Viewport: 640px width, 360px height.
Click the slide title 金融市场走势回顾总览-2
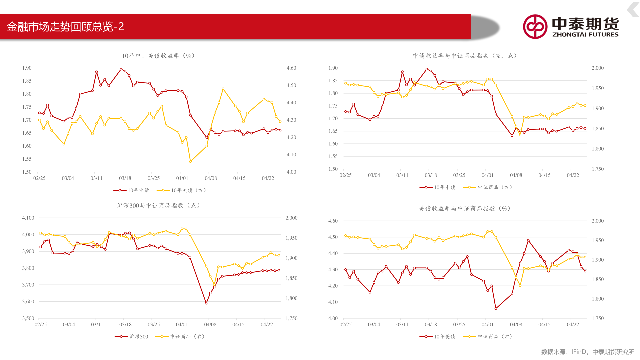coord(65,27)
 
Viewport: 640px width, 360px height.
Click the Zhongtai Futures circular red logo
coord(535,27)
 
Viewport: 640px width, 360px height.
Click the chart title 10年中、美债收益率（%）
coord(158,56)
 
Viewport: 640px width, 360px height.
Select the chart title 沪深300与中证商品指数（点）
coord(159,206)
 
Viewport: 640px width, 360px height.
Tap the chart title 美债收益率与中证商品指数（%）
coord(465,209)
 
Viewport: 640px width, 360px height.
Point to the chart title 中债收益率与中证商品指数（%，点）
coord(465,56)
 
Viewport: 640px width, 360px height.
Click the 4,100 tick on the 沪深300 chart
coord(28,218)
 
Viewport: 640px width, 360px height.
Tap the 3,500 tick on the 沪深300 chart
coord(28,318)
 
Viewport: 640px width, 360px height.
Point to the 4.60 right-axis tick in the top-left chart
coord(291,68)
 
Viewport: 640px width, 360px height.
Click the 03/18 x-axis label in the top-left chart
coord(125,178)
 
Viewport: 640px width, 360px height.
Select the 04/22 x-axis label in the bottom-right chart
coord(573,325)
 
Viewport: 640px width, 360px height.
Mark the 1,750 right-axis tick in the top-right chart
coord(598,169)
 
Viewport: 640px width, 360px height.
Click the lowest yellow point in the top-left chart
coord(190,161)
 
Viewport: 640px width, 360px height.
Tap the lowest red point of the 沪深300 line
coord(206,303)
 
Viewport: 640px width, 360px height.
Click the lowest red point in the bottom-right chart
coord(496,308)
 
